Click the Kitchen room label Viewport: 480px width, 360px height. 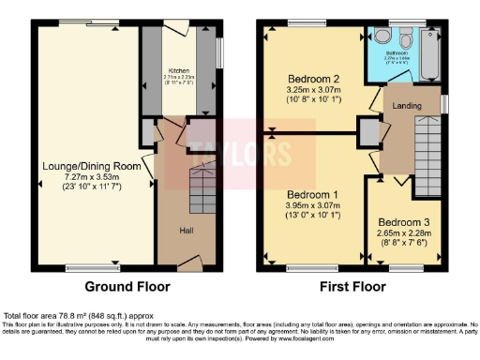[178, 69]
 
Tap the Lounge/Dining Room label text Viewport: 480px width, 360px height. [91, 166]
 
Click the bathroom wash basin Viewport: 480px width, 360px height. [380, 36]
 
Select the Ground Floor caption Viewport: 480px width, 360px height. [126, 286]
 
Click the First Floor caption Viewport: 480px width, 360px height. [355, 286]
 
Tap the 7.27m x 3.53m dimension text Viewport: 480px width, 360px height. [91, 176]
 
